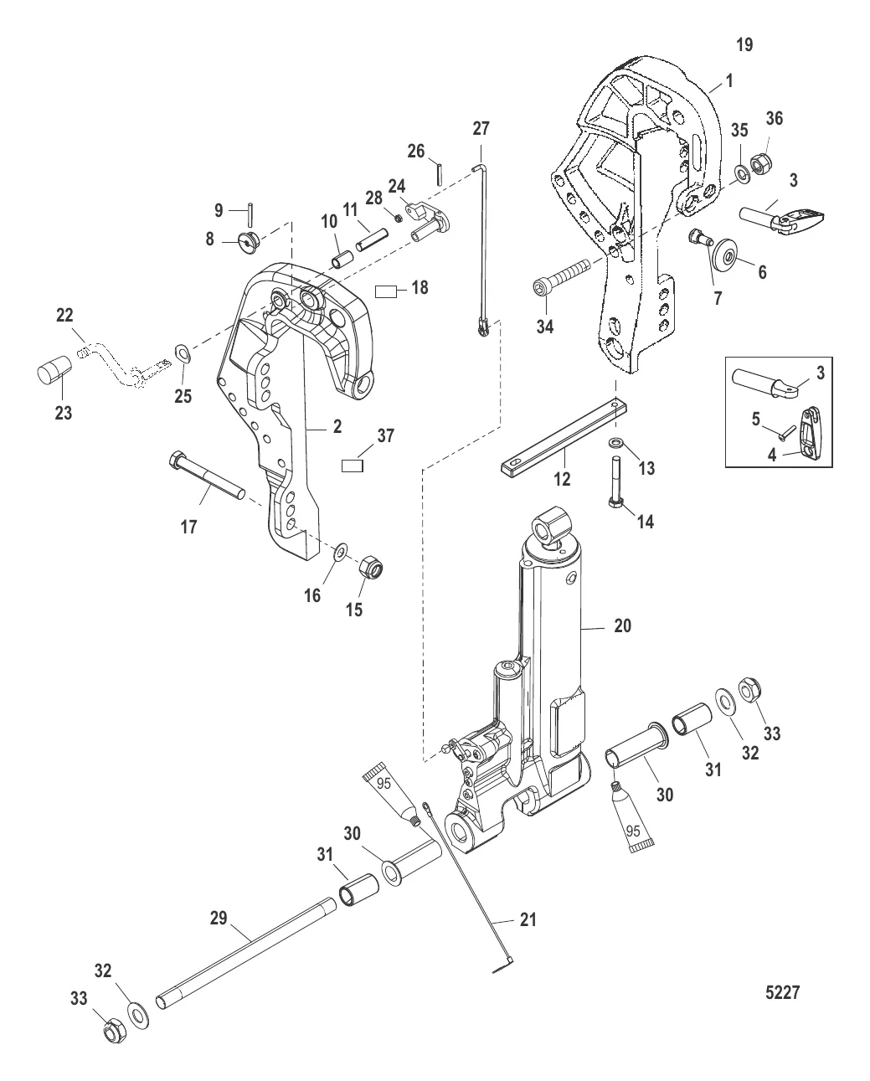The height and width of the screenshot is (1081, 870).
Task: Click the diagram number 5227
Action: (783, 993)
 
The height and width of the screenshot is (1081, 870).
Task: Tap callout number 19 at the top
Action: (744, 45)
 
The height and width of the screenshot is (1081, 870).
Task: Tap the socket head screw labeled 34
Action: (560, 277)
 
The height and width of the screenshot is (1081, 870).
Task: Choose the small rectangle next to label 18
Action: (387, 291)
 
